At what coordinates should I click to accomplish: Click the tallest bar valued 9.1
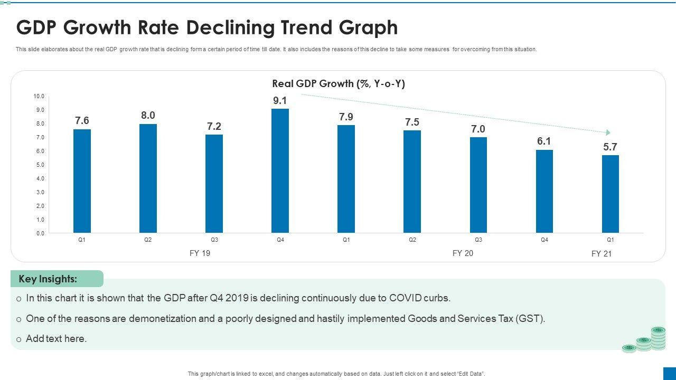click(280, 170)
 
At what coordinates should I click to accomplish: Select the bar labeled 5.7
click(611, 194)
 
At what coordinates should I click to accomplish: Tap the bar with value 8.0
click(148, 178)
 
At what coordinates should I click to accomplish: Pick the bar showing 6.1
click(544, 191)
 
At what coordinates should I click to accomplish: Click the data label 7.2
click(214, 126)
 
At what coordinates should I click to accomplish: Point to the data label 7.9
click(346, 117)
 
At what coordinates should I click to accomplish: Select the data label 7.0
click(478, 129)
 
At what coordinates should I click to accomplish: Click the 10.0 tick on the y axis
click(39, 96)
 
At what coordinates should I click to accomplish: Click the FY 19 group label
click(200, 253)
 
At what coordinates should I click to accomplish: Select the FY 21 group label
click(601, 254)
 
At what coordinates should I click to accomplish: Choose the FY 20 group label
click(463, 253)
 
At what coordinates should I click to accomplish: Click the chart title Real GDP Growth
click(338, 83)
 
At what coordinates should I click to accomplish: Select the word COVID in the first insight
click(406, 298)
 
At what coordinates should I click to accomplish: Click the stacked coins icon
click(645, 339)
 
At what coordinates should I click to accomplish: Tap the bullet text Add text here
click(56, 339)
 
